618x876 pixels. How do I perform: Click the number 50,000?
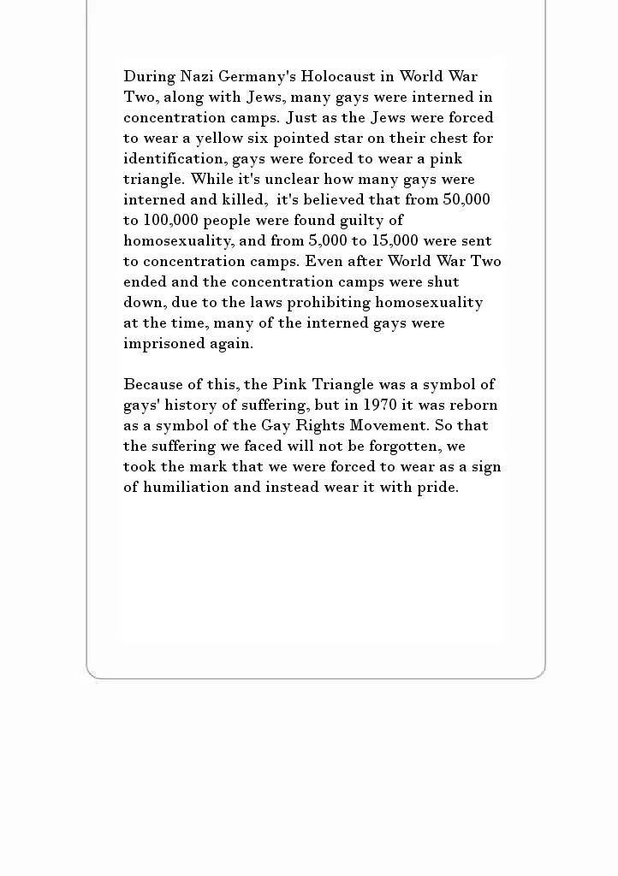pyautogui.click(x=466, y=199)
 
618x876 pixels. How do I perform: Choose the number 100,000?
pyautogui.click(x=173, y=220)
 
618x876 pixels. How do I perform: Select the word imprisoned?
pyautogui.click(x=163, y=343)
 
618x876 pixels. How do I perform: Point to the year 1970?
pyautogui.click(x=380, y=405)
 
